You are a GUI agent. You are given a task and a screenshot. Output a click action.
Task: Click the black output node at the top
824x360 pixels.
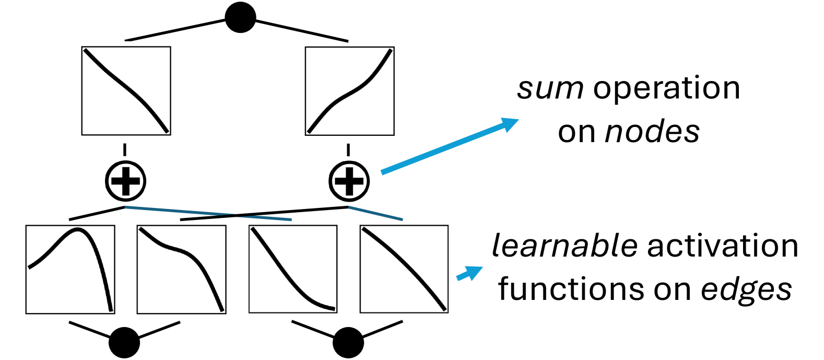click(240, 18)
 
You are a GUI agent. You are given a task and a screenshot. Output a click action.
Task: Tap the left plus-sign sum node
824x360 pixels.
click(126, 181)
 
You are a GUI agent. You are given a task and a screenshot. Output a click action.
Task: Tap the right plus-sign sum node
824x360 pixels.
click(349, 181)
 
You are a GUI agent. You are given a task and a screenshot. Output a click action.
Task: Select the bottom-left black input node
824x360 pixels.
click(124, 343)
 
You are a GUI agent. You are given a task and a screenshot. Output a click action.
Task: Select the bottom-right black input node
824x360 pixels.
click(348, 343)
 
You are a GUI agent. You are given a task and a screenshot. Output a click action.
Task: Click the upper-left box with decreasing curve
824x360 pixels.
click(126, 91)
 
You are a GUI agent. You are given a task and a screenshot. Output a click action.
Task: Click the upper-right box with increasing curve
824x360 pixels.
click(349, 91)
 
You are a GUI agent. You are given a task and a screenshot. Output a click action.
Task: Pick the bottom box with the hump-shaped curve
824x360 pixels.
click(70, 270)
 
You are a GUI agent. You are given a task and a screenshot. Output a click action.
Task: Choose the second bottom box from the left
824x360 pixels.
click(181, 270)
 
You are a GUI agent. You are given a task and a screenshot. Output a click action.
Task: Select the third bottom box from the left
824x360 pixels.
click(293, 270)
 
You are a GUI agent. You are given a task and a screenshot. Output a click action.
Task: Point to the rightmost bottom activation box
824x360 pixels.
click(404, 270)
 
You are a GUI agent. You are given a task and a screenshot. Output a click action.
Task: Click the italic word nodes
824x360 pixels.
click(652, 132)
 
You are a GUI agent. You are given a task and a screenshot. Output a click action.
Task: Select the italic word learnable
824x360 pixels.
click(564, 246)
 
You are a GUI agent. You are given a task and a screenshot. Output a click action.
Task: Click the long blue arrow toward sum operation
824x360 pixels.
click(449, 146)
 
